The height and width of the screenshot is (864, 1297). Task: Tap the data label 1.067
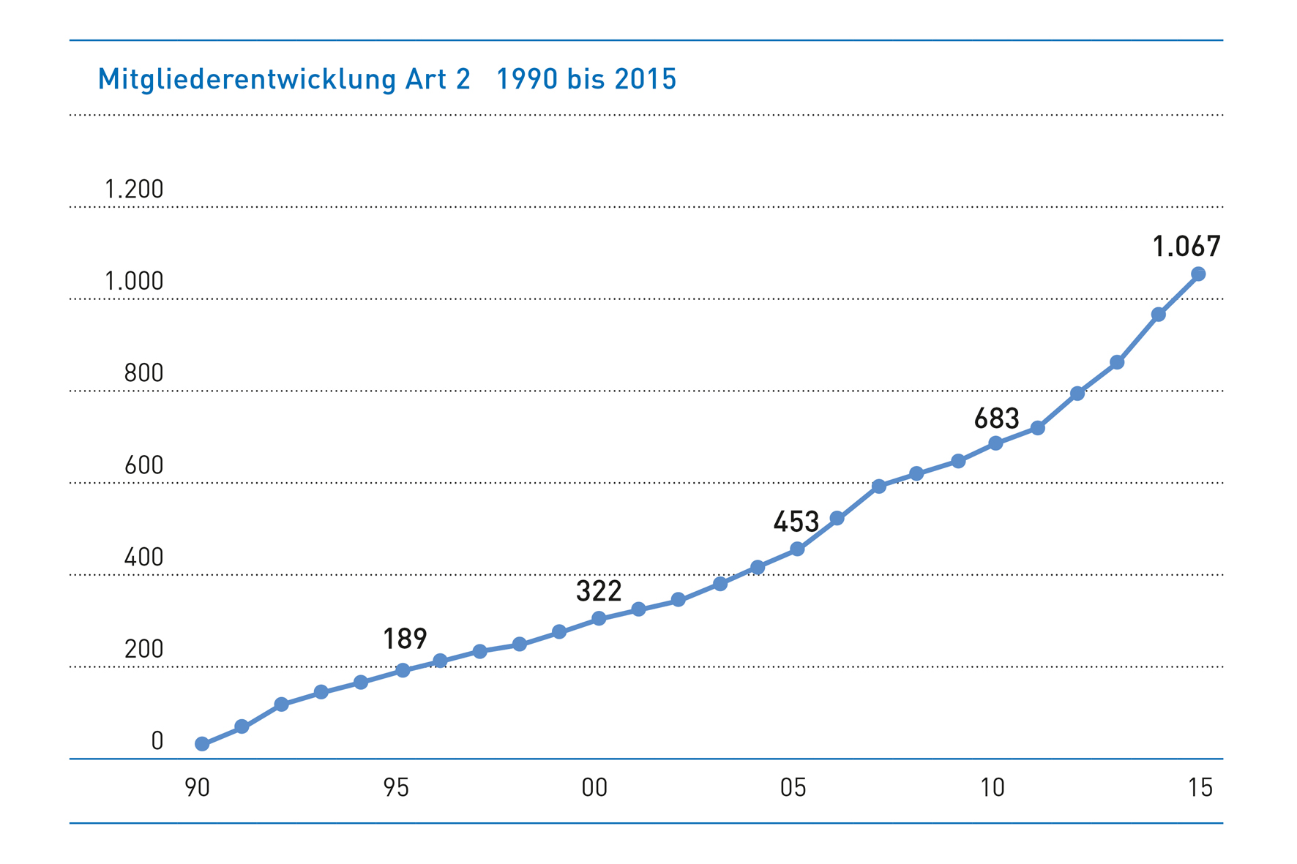pyautogui.click(x=1186, y=247)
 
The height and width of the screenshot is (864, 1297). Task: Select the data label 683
pyautogui.click(x=996, y=418)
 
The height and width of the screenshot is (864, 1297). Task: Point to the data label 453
pyautogui.click(x=796, y=522)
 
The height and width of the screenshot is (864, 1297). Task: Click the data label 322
pyautogui.click(x=599, y=591)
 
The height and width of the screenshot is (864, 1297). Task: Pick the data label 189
pyautogui.click(x=405, y=639)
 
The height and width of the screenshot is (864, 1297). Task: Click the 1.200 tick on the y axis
pyautogui.click(x=134, y=189)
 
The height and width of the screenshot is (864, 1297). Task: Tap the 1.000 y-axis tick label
pyautogui.click(x=134, y=282)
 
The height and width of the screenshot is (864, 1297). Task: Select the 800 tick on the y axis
pyautogui.click(x=143, y=374)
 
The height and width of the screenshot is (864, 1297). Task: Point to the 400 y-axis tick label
pyautogui.click(x=143, y=557)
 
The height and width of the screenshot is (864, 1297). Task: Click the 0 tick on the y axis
pyautogui.click(x=157, y=741)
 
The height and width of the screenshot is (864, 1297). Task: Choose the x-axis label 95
pyautogui.click(x=396, y=788)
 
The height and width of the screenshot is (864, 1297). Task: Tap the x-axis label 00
pyautogui.click(x=594, y=788)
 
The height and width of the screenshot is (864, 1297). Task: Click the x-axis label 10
pyautogui.click(x=992, y=788)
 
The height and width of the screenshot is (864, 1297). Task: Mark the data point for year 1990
pyautogui.click(x=202, y=744)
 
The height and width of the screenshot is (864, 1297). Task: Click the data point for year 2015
pyautogui.click(x=1198, y=274)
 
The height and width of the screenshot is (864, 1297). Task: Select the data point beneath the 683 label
pyautogui.click(x=995, y=443)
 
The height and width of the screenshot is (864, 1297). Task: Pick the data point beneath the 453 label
pyautogui.click(x=797, y=549)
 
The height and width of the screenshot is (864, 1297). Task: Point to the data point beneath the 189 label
pyautogui.click(x=403, y=670)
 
